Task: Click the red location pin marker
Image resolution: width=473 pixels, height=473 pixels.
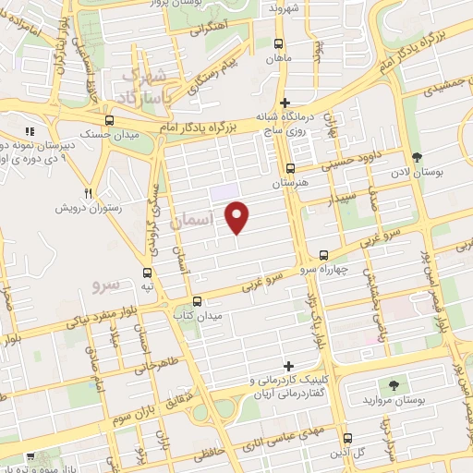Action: pos(238,216)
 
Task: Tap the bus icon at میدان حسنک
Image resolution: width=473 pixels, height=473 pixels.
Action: pos(110,120)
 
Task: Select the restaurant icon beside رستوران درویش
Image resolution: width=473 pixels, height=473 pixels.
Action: pos(89,193)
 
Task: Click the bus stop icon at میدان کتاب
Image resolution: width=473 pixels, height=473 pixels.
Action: pos(196,300)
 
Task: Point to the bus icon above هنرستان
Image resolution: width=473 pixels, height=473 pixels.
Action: pos(290,168)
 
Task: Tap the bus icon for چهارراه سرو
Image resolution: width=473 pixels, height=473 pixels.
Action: pos(322,254)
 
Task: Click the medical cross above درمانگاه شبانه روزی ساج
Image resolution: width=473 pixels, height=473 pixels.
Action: pos(285,102)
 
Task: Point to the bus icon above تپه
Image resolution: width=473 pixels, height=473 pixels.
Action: pos(148,272)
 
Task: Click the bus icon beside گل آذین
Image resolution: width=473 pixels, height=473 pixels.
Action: pos(346,438)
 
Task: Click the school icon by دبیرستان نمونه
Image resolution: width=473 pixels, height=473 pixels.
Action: pos(29,131)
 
